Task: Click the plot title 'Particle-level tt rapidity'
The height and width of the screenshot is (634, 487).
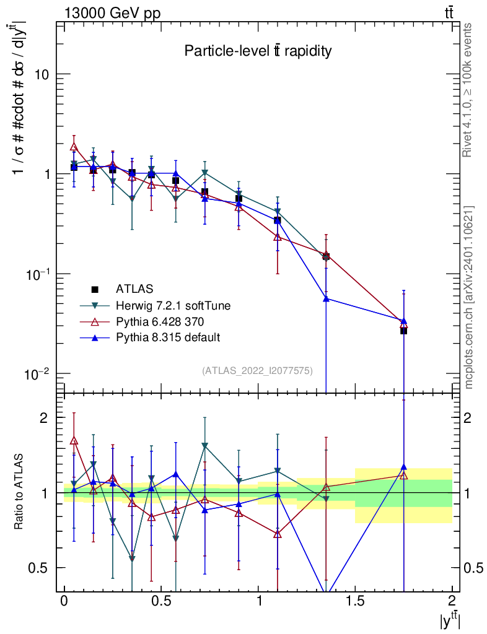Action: (258, 51)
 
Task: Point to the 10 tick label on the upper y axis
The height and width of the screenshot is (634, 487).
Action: (42, 74)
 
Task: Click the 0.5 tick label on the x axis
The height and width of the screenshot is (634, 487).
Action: (161, 601)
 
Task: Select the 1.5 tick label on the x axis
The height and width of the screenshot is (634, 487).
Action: (355, 601)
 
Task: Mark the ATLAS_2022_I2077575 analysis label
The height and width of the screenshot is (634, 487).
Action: (257, 370)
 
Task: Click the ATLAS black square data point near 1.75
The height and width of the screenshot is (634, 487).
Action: (403, 331)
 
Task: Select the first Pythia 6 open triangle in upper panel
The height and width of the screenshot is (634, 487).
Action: (74, 147)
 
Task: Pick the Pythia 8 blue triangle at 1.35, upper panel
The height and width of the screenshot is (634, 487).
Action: (326, 298)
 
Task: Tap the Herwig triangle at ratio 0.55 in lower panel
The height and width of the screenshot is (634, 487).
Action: (132, 559)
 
